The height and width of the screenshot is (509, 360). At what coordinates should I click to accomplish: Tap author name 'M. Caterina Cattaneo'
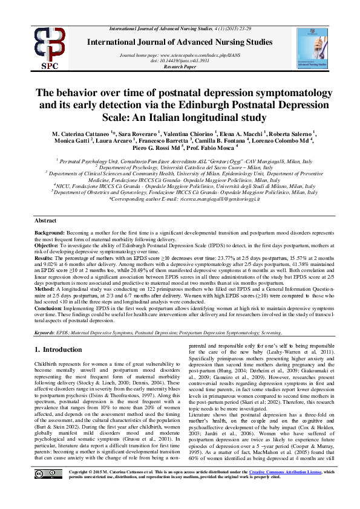click(77, 132)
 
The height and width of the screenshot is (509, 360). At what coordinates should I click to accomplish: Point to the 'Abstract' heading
click(45, 221)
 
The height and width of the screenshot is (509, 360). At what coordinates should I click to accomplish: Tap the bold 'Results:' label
click(44, 257)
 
